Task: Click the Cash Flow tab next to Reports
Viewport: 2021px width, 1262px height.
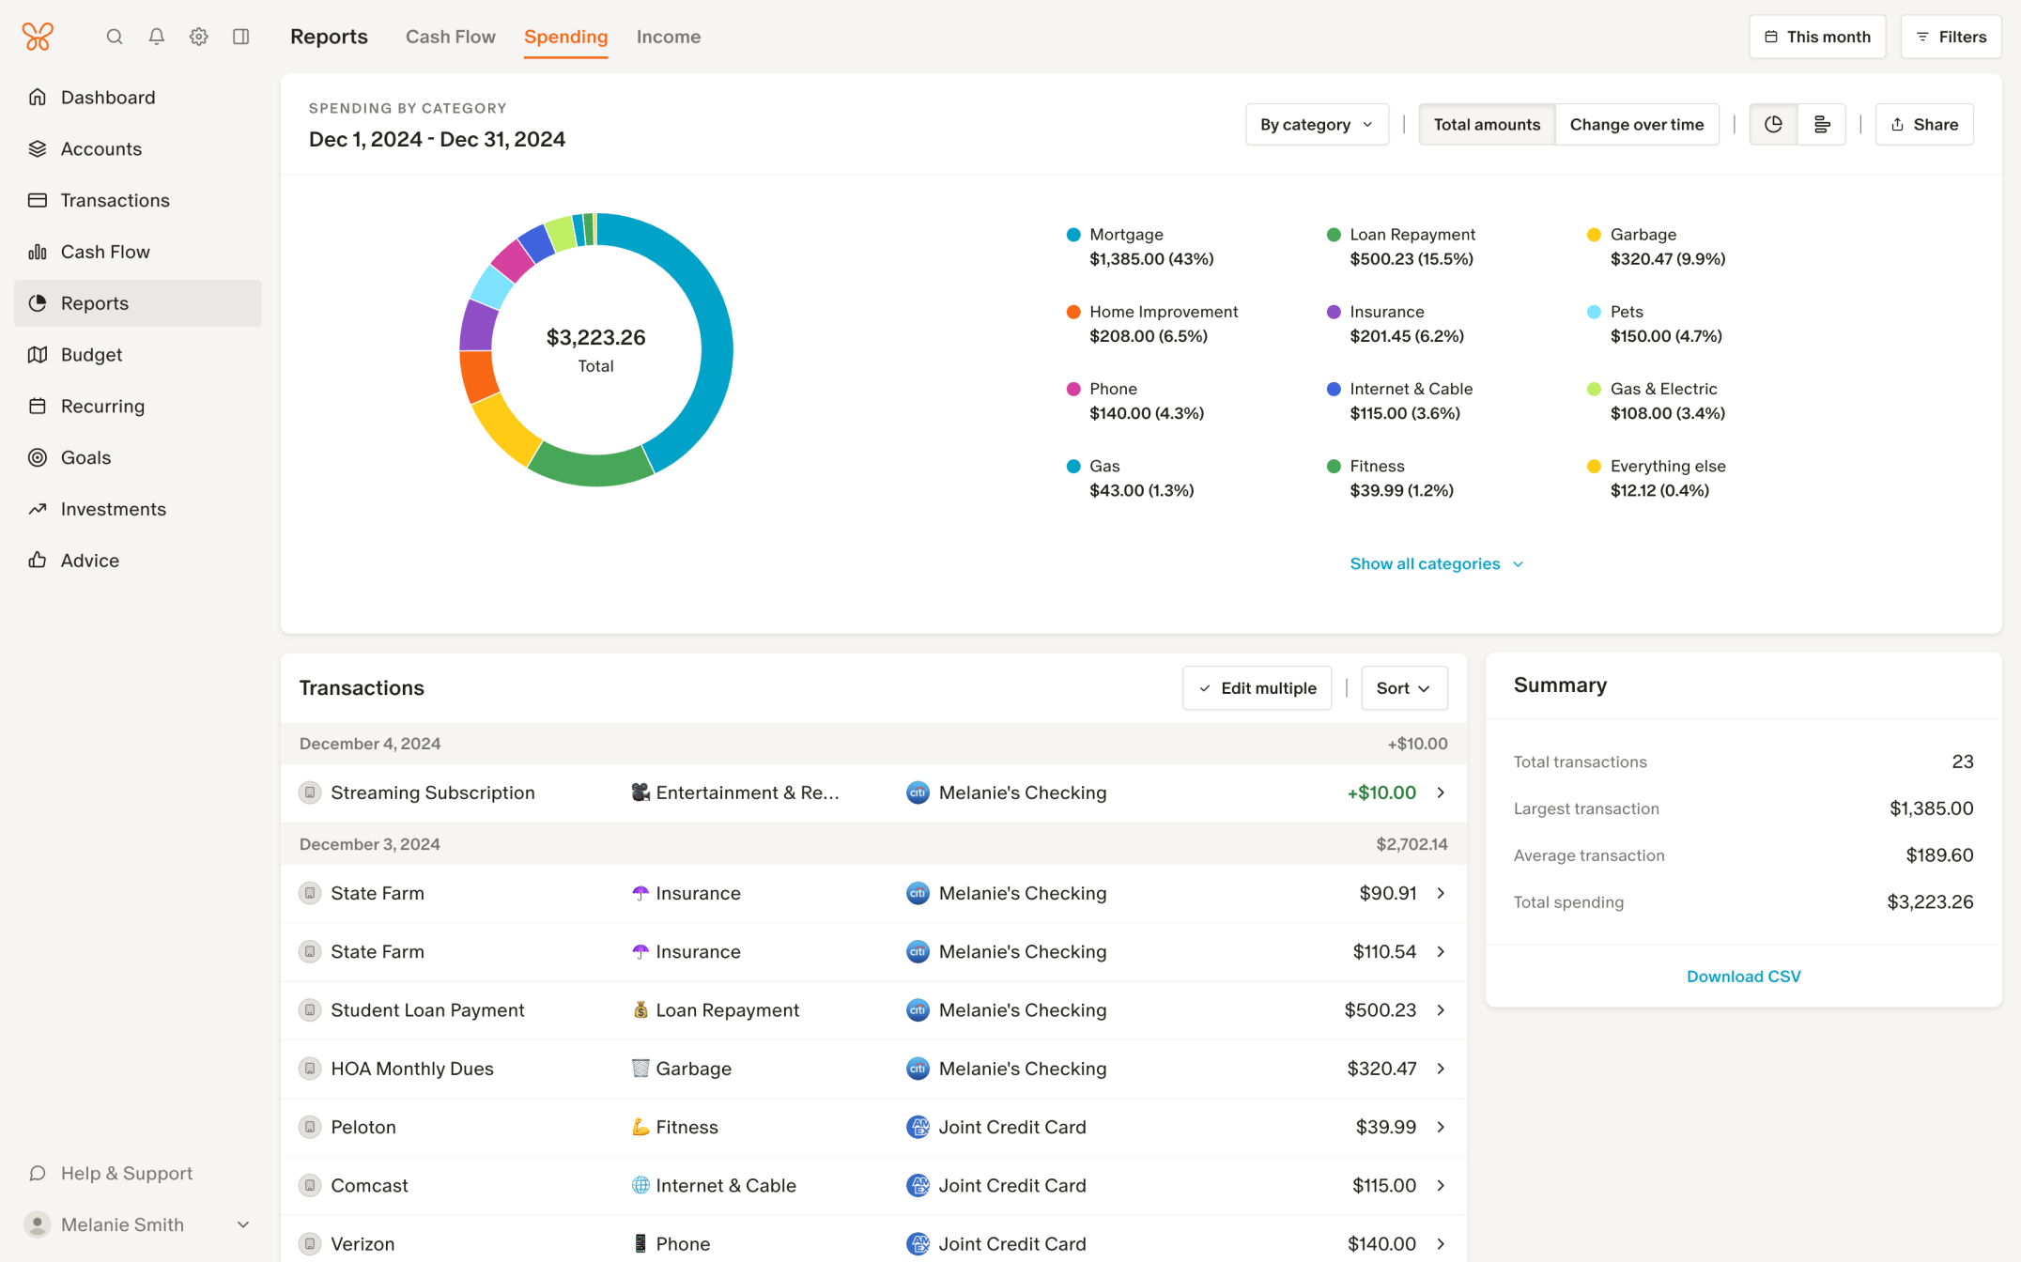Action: pyautogui.click(x=450, y=37)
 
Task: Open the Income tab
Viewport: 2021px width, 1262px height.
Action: pyautogui.click(x=668, y=37)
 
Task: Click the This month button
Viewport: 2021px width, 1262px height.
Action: pyautogui.click(x=1816, y=37)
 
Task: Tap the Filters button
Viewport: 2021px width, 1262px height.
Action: pyautogui.click(x=1951, y=37)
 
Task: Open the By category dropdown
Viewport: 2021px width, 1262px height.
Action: pyautogui.click(x=1316, y=124)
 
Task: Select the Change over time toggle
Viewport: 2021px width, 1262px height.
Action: pyautogui.click(x=1636, y=124)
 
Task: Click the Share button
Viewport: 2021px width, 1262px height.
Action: pyautogui.click(x=1923, y=124)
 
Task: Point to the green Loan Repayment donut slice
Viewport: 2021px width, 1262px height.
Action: pyautogui.click(x=592, y=469)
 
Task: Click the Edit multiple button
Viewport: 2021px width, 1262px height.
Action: pyautogui.click(x=1257, y=688)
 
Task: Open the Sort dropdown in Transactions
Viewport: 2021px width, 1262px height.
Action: pyautogui.click(x=1403, y=688)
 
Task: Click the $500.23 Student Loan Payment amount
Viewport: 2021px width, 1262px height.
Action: pyautogui.click(x=1380, y=1010)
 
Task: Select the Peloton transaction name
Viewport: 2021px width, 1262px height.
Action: pyautogui.click(x=363, y=1127)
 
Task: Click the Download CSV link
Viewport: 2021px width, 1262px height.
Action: pyautogui.click(x=1743, y=977)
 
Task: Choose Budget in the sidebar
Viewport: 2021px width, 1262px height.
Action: pyautogui.click(x=91, y=355)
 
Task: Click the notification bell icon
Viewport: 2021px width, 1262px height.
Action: pyautogui.click(x=157, y=37)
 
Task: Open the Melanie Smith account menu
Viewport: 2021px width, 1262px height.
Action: pyautogui.click(x=138, y=1224)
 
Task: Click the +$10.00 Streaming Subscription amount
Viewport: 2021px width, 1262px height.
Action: pyautogui.click(x=1381, y=793)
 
